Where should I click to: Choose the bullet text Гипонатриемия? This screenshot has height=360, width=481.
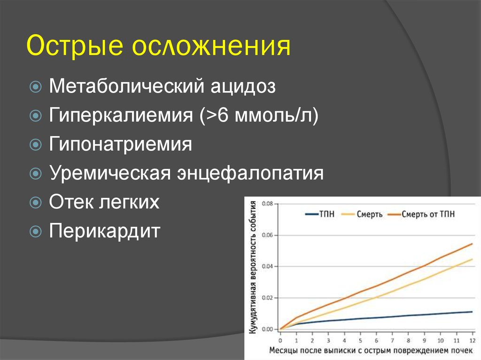tap(120, 145)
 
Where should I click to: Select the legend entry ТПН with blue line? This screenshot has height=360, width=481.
tap(319, 214)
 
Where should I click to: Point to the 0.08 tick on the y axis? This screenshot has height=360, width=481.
tap(267, 204)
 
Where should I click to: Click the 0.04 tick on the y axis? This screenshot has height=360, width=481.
tap(267, 267)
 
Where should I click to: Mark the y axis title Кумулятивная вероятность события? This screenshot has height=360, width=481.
tap(253, 267)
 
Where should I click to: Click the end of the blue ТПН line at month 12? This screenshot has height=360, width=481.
tap(472, 312)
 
